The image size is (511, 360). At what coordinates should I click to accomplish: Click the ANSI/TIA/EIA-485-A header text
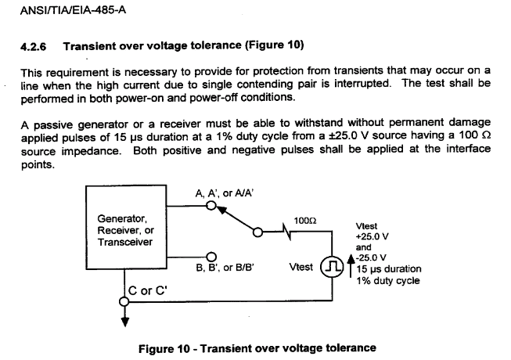tap(73, 10)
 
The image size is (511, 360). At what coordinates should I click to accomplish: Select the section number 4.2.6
tap(33, 47)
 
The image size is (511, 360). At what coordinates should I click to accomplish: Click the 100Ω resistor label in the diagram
tap(305, 221)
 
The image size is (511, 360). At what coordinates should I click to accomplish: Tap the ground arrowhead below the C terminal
tap(125, 322)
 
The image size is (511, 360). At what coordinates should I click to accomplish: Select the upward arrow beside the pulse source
tap(351, 266)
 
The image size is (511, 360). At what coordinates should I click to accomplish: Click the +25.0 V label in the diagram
tap(372, 236)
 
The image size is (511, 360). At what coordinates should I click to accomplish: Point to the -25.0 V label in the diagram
tap(371, 257)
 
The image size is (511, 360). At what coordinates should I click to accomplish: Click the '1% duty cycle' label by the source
tap(388, 280)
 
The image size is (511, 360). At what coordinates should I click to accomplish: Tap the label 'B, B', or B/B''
tap(225, 268)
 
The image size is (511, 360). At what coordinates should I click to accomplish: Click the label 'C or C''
tap(148, 290)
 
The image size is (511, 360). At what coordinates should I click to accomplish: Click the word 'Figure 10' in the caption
tap(164, 348)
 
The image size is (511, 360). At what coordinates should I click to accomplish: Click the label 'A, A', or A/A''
tap(225, 193)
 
